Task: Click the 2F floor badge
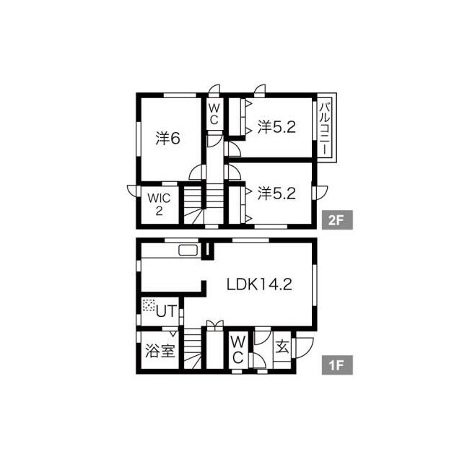tap(337, 219)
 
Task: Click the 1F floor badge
tap(337, 365)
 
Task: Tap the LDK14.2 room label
tap(259, 284)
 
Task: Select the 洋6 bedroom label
tap(167, 138)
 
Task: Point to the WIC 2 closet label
tap(159, 204)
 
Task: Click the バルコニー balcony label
tap(325, 128)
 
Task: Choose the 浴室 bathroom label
tap(160, 351)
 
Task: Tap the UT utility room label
tap(167, 311)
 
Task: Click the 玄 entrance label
tap(282, 346)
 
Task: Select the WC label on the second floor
tap(214, 114)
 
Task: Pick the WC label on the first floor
tap(237, 350)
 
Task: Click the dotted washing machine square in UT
tap(149, 305)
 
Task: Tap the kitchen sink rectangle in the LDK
tap(189, 250)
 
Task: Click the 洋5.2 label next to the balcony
tap(276, 127)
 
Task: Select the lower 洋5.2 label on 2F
tap(276, 193)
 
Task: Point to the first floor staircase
tap(193, 348)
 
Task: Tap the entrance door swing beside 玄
tap(304, 348)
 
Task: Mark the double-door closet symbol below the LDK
tap(215, 326)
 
